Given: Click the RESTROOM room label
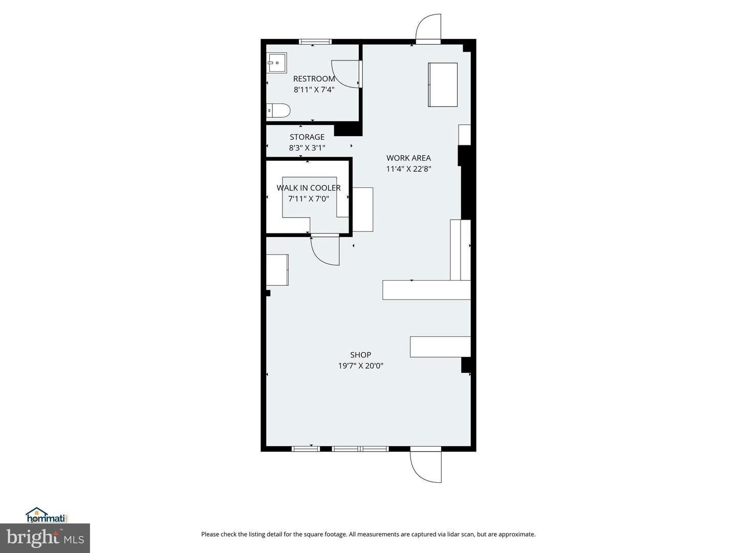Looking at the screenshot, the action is click(314, 79).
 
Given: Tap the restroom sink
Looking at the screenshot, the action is click(277, 62).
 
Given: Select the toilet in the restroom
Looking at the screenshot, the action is click(278, 111).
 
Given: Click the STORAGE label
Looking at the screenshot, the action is click(307, 137).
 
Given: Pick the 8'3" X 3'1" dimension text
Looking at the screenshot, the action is click(307, 148).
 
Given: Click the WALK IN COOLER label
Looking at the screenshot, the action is click(309, 188).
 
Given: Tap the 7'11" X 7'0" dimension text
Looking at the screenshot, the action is click(309, 199).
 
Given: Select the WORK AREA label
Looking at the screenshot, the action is click(408, 158).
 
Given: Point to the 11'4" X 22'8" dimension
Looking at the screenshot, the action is click(408, 168).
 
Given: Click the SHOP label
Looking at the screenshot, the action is click(361, 355).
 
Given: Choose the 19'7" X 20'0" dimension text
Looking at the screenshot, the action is click(361, 366).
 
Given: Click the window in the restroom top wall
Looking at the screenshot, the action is click(315, 41).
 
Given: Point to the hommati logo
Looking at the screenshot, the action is click(48, 515).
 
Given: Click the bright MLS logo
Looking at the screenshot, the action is click(45, 538).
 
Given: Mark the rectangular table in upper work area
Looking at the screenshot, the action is click(443, 84).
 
